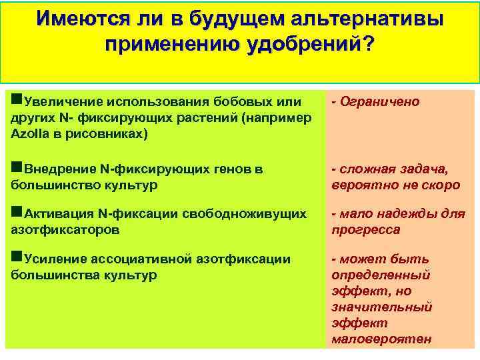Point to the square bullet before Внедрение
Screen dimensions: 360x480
17,169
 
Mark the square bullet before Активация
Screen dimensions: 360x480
17,213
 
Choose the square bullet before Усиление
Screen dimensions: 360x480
17,259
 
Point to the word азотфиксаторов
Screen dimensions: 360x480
65,230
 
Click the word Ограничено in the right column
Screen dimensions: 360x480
380,101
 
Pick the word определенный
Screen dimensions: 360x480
380,275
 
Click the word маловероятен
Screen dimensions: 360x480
381,339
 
